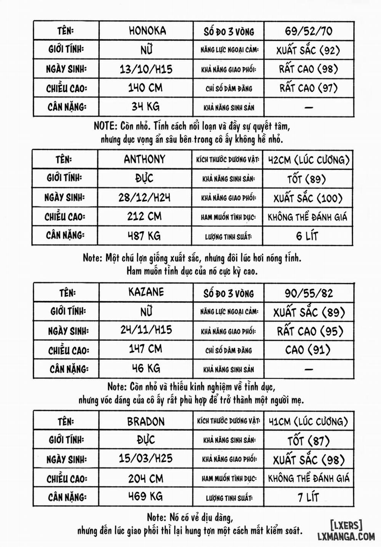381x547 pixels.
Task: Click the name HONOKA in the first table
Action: point(147,31)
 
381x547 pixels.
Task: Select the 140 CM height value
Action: point(145,88)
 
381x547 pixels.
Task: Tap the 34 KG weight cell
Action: point(146,106)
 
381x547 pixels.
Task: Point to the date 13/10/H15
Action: point(146,69)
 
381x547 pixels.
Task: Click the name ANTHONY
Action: point(144,159)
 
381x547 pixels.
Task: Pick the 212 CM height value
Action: point(144,216)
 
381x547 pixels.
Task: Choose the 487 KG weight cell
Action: point(144,236)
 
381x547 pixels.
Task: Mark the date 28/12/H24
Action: point(144,197)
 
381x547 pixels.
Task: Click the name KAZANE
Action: point(146,292)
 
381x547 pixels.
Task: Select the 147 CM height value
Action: point(145,349)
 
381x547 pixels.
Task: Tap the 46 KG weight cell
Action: point(146,368)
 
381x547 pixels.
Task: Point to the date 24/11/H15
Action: point(146,330)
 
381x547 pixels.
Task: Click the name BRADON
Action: point(146,422)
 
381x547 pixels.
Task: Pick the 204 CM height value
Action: point(146,478)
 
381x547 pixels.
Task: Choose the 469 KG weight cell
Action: point(145,496)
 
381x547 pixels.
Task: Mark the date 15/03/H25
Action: point(146,458)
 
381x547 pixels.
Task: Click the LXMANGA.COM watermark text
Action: point(346,536)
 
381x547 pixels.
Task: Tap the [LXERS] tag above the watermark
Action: point(346,525)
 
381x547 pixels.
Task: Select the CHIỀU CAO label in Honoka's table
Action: point(67,88)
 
